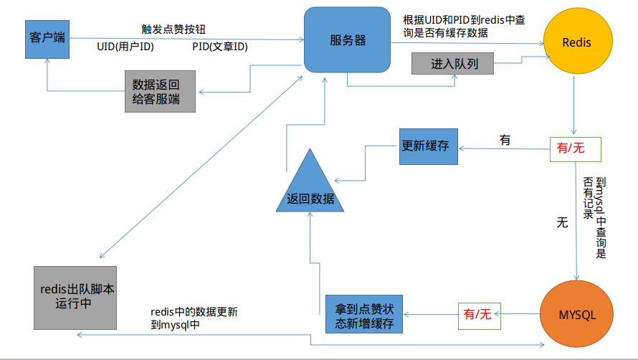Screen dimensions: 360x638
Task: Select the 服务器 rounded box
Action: point(347,41)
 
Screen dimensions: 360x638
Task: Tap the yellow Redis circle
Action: point(577,42)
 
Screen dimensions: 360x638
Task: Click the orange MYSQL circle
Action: point(577,314)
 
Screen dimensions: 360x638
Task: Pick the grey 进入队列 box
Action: point(454,64)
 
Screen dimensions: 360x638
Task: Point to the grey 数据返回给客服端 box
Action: point(160,91)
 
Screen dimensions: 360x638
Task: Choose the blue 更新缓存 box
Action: point(429,146)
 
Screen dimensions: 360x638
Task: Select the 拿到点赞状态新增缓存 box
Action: point(364,315)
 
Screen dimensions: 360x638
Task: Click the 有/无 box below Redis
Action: point(574,148)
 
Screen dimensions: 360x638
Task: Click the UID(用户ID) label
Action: point(125,47)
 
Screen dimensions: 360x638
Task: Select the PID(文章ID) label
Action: point(219,47)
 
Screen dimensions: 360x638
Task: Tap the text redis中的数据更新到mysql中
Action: point(194,318)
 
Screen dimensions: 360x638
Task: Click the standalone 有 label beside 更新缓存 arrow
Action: point(505,141)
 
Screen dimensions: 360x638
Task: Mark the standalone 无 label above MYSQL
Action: point(562,222)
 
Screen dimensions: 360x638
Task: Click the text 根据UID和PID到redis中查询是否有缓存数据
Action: point(466,27)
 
